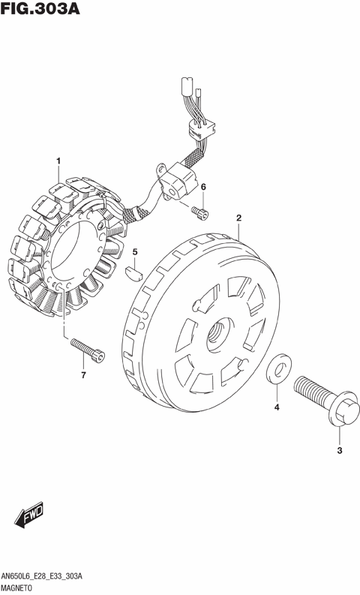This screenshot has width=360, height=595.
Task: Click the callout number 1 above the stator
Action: click(x=58, y=161)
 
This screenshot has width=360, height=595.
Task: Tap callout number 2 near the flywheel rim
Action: click(x=238, y=218)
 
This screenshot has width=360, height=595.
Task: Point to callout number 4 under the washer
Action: click(x=277, y=407)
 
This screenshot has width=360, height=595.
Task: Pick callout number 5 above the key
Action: click(x=135, y=251)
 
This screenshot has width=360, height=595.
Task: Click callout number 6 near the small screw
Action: click(x=203, y=187)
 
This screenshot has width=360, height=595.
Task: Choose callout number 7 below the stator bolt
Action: click(x=83, y=375)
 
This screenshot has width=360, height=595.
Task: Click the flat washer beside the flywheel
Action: click(x=279, y=368)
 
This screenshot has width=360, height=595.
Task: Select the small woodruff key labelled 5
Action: click(x=133, y=270)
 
